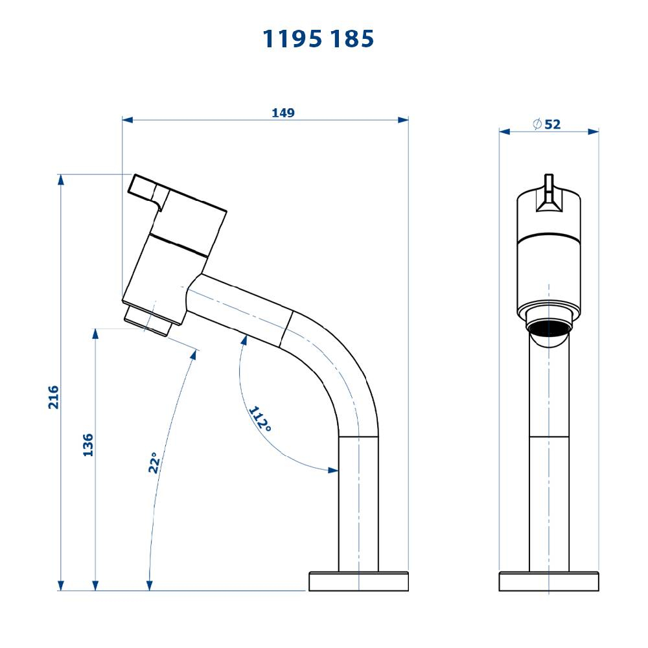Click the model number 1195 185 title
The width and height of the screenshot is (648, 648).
318,39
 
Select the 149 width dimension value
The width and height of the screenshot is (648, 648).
283,113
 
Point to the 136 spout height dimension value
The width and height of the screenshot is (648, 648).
88,445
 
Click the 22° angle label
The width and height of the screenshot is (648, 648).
154,463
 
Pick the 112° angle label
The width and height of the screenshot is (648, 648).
260,419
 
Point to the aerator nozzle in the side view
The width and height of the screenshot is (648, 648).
147,320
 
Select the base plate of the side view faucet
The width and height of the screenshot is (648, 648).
358,581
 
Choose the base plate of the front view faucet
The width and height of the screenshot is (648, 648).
548,581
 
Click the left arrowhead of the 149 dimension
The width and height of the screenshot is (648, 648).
127,120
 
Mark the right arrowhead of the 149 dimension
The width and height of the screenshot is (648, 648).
404,120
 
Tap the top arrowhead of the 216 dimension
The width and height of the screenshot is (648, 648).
61,179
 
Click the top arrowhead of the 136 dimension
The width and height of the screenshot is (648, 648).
95,334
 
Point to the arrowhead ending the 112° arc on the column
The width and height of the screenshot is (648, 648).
334,470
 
